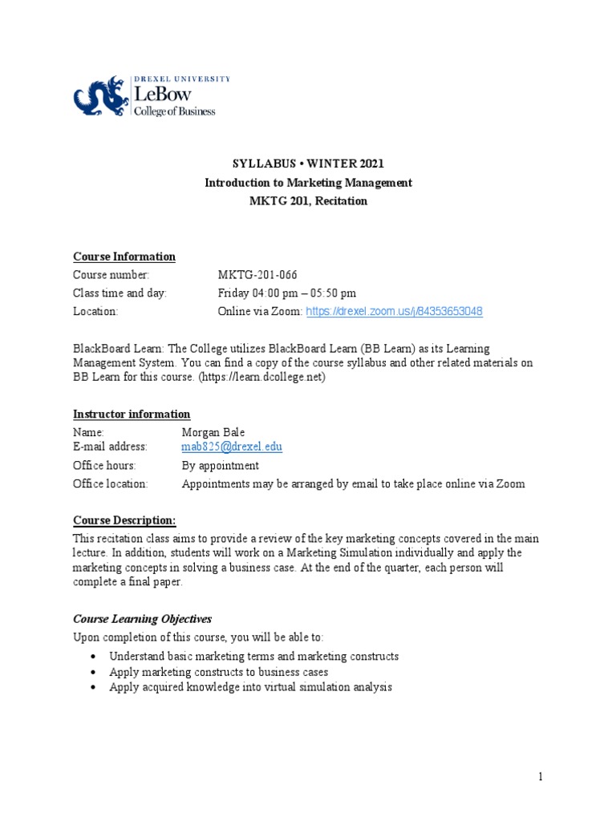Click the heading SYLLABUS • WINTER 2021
[308, 164]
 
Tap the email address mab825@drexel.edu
[232, 447]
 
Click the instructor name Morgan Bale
[213, 433]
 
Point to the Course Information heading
[124, 257]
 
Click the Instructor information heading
[132, 415]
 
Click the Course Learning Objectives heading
[142, 619]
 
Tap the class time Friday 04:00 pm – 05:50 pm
[287, 293]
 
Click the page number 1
[541, 776]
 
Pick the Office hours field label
[104, 466]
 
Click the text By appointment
[220, 466]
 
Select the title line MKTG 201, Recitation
[308, 201]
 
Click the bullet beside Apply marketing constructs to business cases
[95, 672]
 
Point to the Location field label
[95, 311]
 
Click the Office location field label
[111, 483]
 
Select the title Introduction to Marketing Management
[308, 183]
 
